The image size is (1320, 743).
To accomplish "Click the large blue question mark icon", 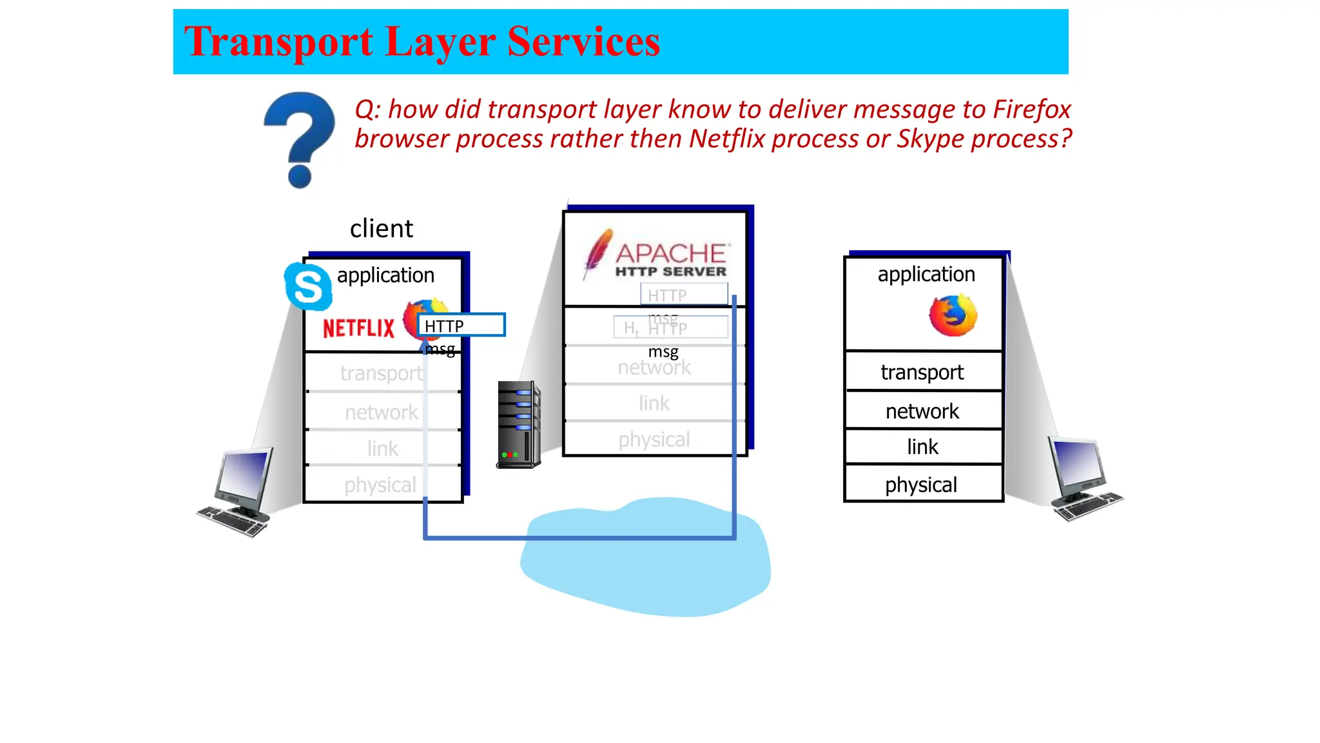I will [300, 139].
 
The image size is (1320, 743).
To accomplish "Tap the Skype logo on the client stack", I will [308, 286].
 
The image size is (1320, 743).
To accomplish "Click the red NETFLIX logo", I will [358, 328].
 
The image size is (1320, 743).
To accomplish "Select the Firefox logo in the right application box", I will [953, 315].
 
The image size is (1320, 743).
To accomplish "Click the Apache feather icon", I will [597, 253].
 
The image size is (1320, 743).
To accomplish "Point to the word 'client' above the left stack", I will [381, 229].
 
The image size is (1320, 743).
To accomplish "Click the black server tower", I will [518, 424].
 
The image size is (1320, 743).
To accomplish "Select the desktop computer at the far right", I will [1083, 478].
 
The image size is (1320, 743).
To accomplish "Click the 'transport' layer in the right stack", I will [922, 372].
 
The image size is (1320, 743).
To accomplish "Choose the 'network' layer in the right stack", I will [922, 411].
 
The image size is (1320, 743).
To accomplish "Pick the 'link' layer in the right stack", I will [922, 446].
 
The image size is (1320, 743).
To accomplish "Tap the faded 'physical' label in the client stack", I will [380, 485].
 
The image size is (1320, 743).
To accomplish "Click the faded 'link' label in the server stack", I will [654, 404].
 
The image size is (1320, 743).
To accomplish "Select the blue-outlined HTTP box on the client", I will [461, 325].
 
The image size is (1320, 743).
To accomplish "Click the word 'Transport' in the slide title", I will [278, 41].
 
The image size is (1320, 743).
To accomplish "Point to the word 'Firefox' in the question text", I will [1031, 110].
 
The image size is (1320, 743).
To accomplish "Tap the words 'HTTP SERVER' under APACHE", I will [670, 272].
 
